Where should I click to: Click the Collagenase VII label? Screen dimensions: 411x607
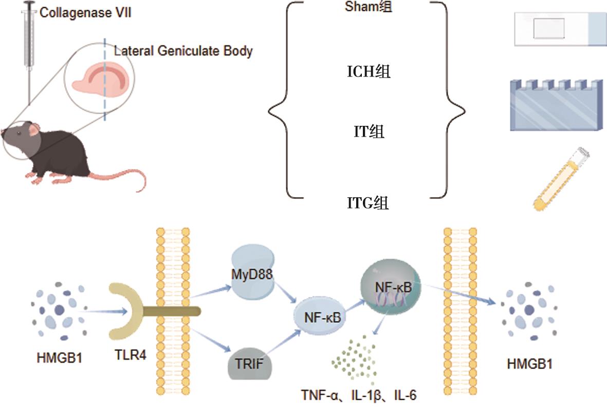point(85,12)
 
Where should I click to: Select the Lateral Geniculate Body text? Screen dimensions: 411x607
point(183,51)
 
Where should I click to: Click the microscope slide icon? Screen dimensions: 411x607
point(560,30)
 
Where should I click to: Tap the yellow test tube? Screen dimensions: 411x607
point(561,179)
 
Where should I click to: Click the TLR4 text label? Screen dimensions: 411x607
point(128,354)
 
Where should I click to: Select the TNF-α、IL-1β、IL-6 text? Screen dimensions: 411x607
point(359,396)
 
